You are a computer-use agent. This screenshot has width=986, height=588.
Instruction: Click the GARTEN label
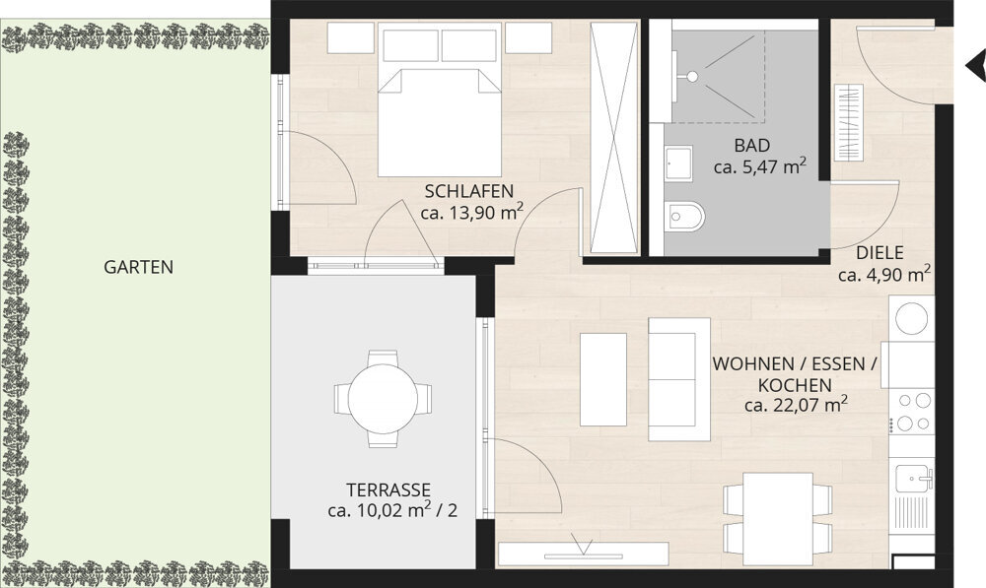click(x=138, y=267)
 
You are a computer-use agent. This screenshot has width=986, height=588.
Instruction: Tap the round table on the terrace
click(x=383, y=398)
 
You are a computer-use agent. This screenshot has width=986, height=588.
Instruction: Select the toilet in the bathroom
click(x=684, y=217)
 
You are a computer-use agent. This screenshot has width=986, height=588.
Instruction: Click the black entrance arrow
click(x=975, y=65)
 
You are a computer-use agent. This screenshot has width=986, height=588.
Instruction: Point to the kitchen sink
click(x=913, y=479)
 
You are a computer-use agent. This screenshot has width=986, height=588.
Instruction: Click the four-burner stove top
click(x=913, y=412)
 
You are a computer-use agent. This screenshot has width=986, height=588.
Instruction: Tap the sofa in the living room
click(x=679, y=379)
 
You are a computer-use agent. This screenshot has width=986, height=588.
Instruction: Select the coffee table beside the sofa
click(x=603, y=379)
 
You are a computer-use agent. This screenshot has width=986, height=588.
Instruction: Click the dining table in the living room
click(x=777, y=519)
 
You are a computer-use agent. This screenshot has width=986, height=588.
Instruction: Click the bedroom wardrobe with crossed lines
click(x=613, y=137)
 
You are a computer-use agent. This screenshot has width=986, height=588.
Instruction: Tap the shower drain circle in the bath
click(x=692, y=77)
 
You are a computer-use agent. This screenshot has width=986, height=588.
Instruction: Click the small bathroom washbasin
click(x=678, y=163)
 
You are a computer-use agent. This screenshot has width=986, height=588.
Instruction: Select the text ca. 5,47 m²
click(x=760, y=166)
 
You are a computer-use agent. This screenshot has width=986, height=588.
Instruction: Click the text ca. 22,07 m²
click(x=796, y=405)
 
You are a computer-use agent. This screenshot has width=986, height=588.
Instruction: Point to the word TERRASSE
click(x=388, y=490)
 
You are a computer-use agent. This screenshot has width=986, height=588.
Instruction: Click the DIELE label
click(x=880, y=253)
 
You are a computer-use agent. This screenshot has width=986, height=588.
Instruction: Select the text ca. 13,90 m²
click(x=472, y=213)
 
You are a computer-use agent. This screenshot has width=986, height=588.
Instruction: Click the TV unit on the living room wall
click(x=583, y=554)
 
